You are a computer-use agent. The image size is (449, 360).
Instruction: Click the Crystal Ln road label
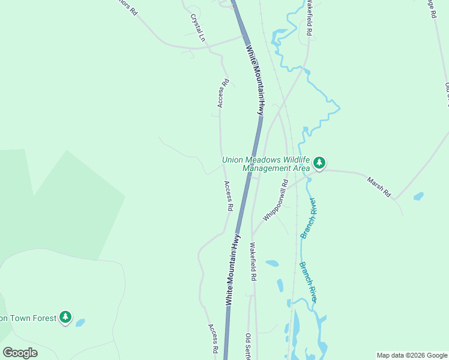coord(198,28)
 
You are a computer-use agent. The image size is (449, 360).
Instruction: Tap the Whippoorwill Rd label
coord(276,202)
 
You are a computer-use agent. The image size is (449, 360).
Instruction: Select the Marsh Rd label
coord(379,186)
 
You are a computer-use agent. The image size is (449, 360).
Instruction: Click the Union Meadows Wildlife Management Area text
coord(265,164)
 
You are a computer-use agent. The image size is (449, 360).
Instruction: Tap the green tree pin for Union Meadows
coord(319,162)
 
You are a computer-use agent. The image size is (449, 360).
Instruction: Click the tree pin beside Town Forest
coord(65,317)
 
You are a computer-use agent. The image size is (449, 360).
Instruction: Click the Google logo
coord(20,353)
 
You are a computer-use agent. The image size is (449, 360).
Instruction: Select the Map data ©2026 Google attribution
coord(412,355)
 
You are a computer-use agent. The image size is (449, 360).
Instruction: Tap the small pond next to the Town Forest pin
coord(80,322)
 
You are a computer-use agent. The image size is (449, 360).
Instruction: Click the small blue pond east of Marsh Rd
coord(418,196)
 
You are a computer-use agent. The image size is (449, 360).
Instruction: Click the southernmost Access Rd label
coord(212,338)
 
